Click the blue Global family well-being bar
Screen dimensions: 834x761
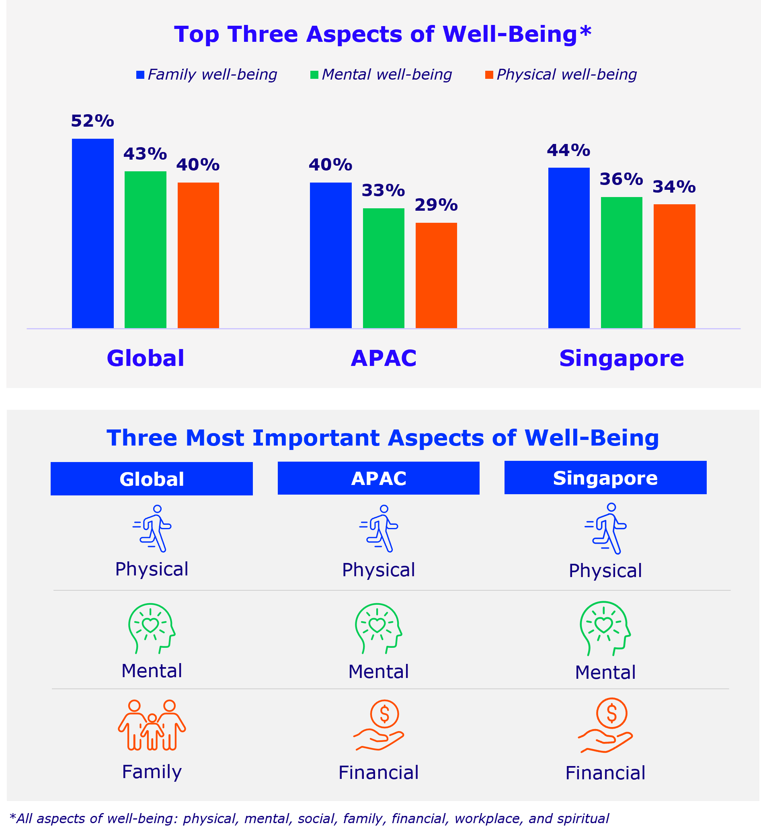point(92,233)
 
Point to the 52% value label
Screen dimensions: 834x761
point(92,121)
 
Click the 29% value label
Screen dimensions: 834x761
point(436,205)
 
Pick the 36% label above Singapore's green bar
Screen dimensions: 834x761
point(621,179)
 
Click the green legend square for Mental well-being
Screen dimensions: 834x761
point(314,75)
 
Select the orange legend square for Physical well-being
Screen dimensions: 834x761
point(489,75)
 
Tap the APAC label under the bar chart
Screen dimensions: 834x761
point(384,358)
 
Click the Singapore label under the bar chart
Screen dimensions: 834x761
point(621,358)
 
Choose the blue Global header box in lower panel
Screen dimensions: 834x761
point(152,479)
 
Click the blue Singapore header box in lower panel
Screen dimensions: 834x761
point(605,478)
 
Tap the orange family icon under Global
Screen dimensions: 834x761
point(152,725)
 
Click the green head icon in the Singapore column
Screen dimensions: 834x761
point(605,628)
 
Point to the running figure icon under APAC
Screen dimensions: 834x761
point(379,528)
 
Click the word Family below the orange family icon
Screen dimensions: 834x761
point(152,772)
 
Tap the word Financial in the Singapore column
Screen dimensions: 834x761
point(605,773)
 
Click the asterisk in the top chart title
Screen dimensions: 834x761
point(586,31)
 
